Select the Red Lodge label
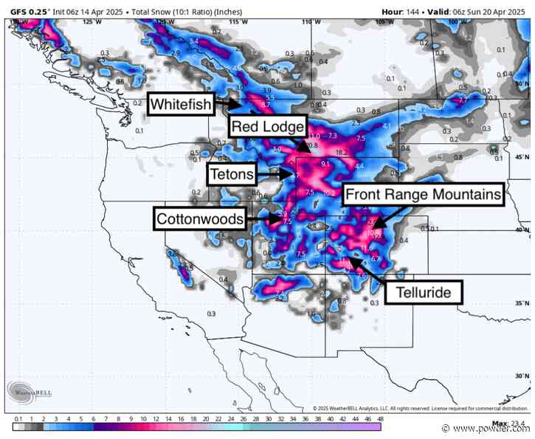(267, 126)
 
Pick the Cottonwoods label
(199, 219)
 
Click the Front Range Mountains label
(424, 195)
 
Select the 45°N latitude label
(522, 158)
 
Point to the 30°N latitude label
(522, 376)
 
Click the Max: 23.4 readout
(501, 423)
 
